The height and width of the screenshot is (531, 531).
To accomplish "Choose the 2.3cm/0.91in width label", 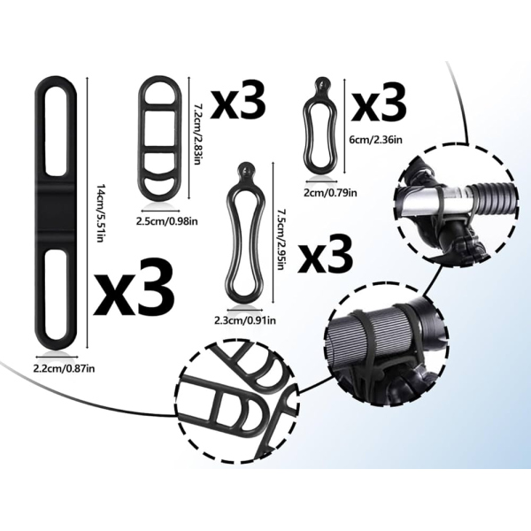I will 245,320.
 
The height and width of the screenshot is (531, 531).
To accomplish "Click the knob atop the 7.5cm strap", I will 244,168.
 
